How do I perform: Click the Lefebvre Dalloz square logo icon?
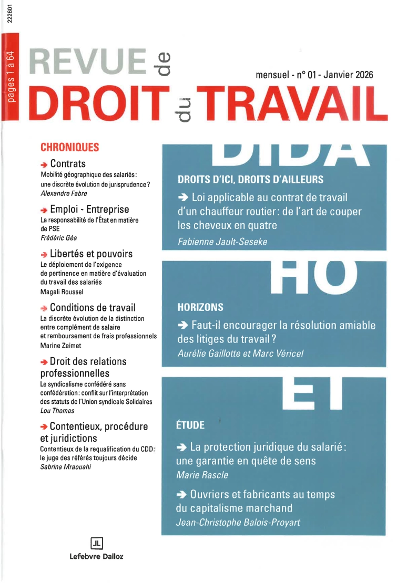[x=96, y=543]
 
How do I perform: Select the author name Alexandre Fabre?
[x=59, y=193]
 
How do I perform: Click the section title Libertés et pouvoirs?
[x=91, y=254]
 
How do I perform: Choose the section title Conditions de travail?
[x=93, y=307]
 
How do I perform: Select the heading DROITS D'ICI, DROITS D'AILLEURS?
[x=250, y=180]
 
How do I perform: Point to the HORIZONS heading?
[x=200, y=307]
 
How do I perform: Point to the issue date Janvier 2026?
[x=348, y=75]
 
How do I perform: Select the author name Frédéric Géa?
[x=56, y=237]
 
